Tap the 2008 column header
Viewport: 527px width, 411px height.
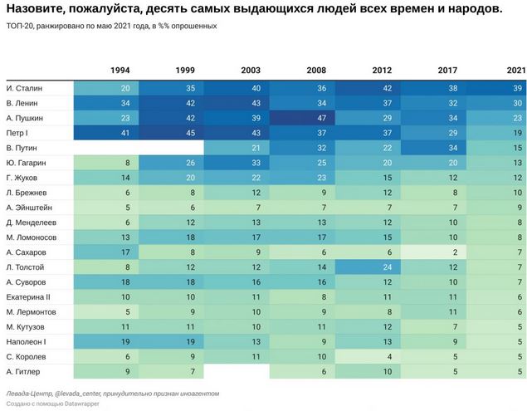316,70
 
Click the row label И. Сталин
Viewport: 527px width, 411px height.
24,87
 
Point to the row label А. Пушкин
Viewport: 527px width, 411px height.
26,117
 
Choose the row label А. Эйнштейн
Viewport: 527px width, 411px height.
30,207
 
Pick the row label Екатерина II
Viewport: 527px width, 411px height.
28,296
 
